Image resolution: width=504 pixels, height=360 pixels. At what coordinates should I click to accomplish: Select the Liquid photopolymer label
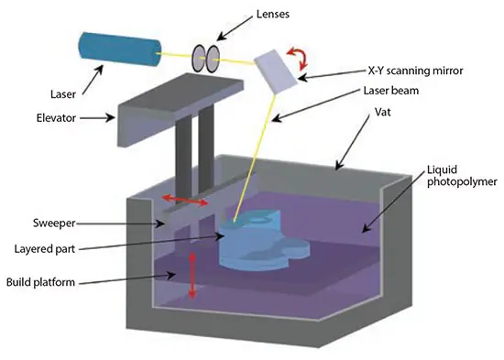456,180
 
